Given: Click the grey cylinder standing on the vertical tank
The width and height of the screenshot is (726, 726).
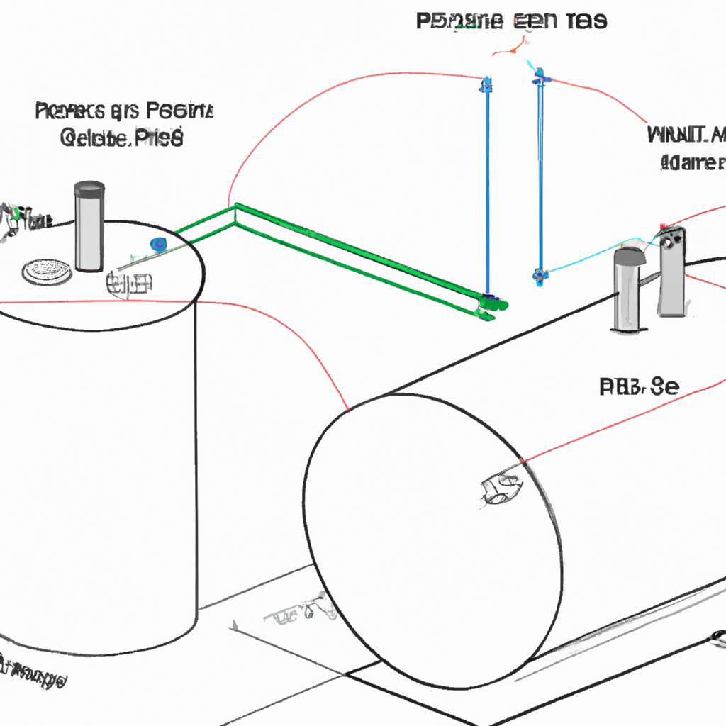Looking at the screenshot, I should pos(89,227).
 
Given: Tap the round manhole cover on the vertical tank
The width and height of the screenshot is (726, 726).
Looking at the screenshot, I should pos(47,272).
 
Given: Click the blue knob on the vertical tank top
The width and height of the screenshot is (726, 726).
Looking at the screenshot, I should pos(157,245).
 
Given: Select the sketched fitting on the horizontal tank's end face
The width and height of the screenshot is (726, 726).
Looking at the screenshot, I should pos(501,488).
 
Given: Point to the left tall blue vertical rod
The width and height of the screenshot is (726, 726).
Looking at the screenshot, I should pos(487,184).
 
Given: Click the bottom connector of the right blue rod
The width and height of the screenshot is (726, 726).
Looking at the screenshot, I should pos(540,274).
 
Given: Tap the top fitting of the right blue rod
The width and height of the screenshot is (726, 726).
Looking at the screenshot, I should pos(540,74).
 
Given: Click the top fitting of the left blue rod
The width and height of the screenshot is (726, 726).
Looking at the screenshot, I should pos(486,85).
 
